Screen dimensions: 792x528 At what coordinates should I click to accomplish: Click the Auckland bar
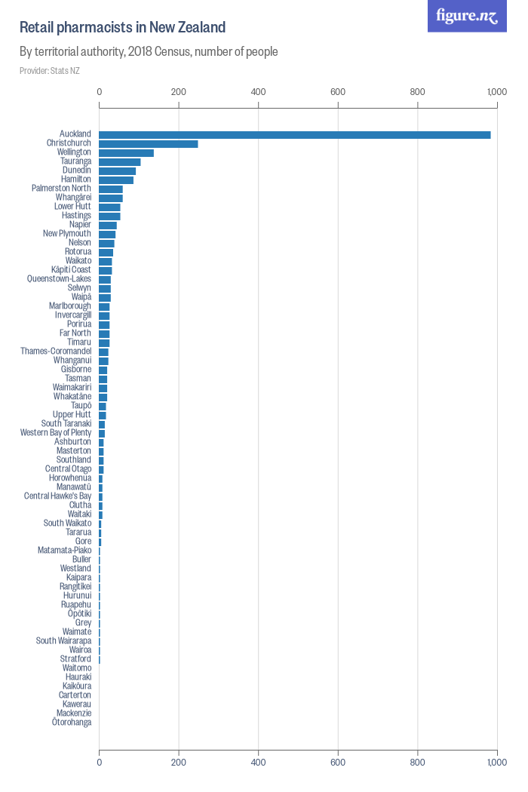294,134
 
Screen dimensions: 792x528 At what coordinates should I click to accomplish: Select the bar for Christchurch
149,143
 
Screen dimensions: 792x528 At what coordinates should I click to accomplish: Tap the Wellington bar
126,152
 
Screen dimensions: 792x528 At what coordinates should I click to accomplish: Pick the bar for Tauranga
119,161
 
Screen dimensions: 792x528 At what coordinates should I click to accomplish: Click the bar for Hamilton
116,180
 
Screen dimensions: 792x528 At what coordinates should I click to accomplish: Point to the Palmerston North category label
61,189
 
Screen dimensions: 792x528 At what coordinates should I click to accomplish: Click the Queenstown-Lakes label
59,279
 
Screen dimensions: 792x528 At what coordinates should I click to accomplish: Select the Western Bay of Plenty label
56,433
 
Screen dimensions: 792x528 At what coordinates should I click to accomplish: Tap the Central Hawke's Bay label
57,496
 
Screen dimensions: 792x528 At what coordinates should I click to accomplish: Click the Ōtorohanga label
72,723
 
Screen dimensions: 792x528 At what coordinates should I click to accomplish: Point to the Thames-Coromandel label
56,351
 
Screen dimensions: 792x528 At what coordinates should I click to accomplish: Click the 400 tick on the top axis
259,92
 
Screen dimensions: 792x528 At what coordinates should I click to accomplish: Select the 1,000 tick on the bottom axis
496,763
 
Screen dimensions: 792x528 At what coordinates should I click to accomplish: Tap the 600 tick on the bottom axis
338,763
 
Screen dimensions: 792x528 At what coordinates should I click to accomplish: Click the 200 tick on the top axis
179,92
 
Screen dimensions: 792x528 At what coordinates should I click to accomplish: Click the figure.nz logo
467,16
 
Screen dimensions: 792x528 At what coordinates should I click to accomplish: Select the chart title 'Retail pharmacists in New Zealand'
122,28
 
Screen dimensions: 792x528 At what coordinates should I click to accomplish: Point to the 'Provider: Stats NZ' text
50,71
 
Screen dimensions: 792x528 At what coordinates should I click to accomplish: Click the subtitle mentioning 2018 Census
149,52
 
